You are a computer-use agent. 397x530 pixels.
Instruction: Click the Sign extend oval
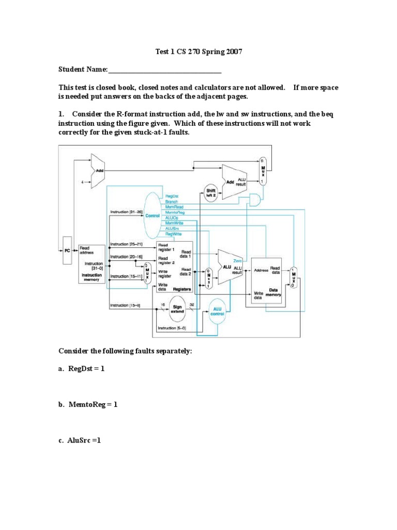178,310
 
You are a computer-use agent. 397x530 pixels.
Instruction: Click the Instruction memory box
93,264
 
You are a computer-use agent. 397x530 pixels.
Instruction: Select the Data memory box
266,279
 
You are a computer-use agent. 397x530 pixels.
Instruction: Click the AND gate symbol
255,200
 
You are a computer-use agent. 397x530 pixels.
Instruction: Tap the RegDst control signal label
172,196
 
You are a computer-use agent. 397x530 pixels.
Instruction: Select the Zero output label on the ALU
238,261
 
